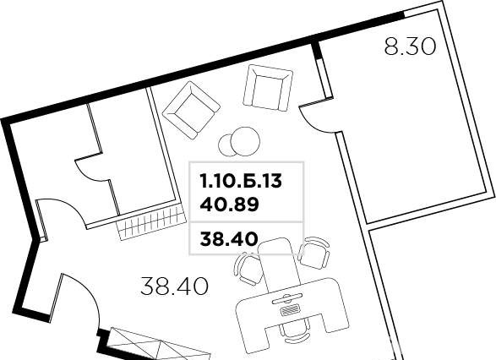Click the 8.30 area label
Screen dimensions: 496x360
411,47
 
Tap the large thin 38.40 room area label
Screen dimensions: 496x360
175,286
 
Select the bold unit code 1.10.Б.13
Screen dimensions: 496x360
241,182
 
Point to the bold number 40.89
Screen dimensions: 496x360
229,205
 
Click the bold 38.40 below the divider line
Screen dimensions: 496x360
229,239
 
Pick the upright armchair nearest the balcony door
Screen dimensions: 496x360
268,87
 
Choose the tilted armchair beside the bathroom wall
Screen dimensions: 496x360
191,110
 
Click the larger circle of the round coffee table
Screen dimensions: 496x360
246,141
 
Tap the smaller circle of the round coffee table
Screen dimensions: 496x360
225,145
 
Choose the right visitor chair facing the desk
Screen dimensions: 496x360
314,253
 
